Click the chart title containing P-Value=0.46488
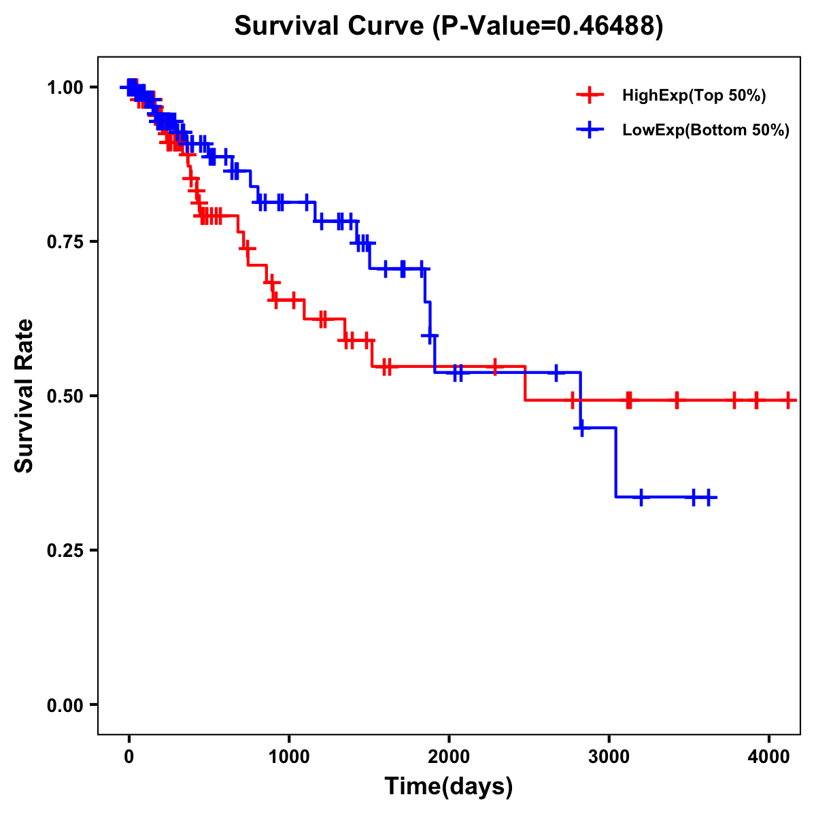448,26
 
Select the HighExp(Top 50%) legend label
694,96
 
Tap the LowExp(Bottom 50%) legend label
706,131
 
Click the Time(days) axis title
448,787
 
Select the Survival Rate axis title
25,396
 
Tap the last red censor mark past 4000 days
787,401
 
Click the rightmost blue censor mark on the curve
708,498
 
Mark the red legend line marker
590,96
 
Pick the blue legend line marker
590,131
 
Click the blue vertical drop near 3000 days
615,462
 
